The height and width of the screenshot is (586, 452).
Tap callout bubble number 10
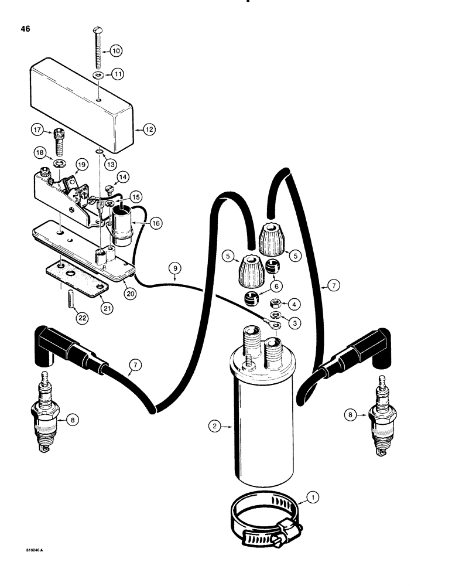tap(116, 51)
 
